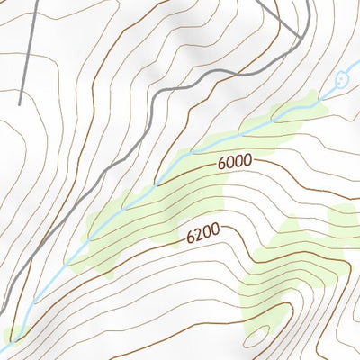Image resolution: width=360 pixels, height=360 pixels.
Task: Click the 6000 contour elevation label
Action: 233,163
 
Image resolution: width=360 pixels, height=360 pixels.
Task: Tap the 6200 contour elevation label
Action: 203,236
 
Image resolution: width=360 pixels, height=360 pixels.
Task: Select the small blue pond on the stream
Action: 341,80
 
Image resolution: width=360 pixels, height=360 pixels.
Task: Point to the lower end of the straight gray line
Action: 20,103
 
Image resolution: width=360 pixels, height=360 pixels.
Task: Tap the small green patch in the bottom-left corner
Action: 11,337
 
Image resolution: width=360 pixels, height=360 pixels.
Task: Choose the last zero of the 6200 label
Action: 216,232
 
